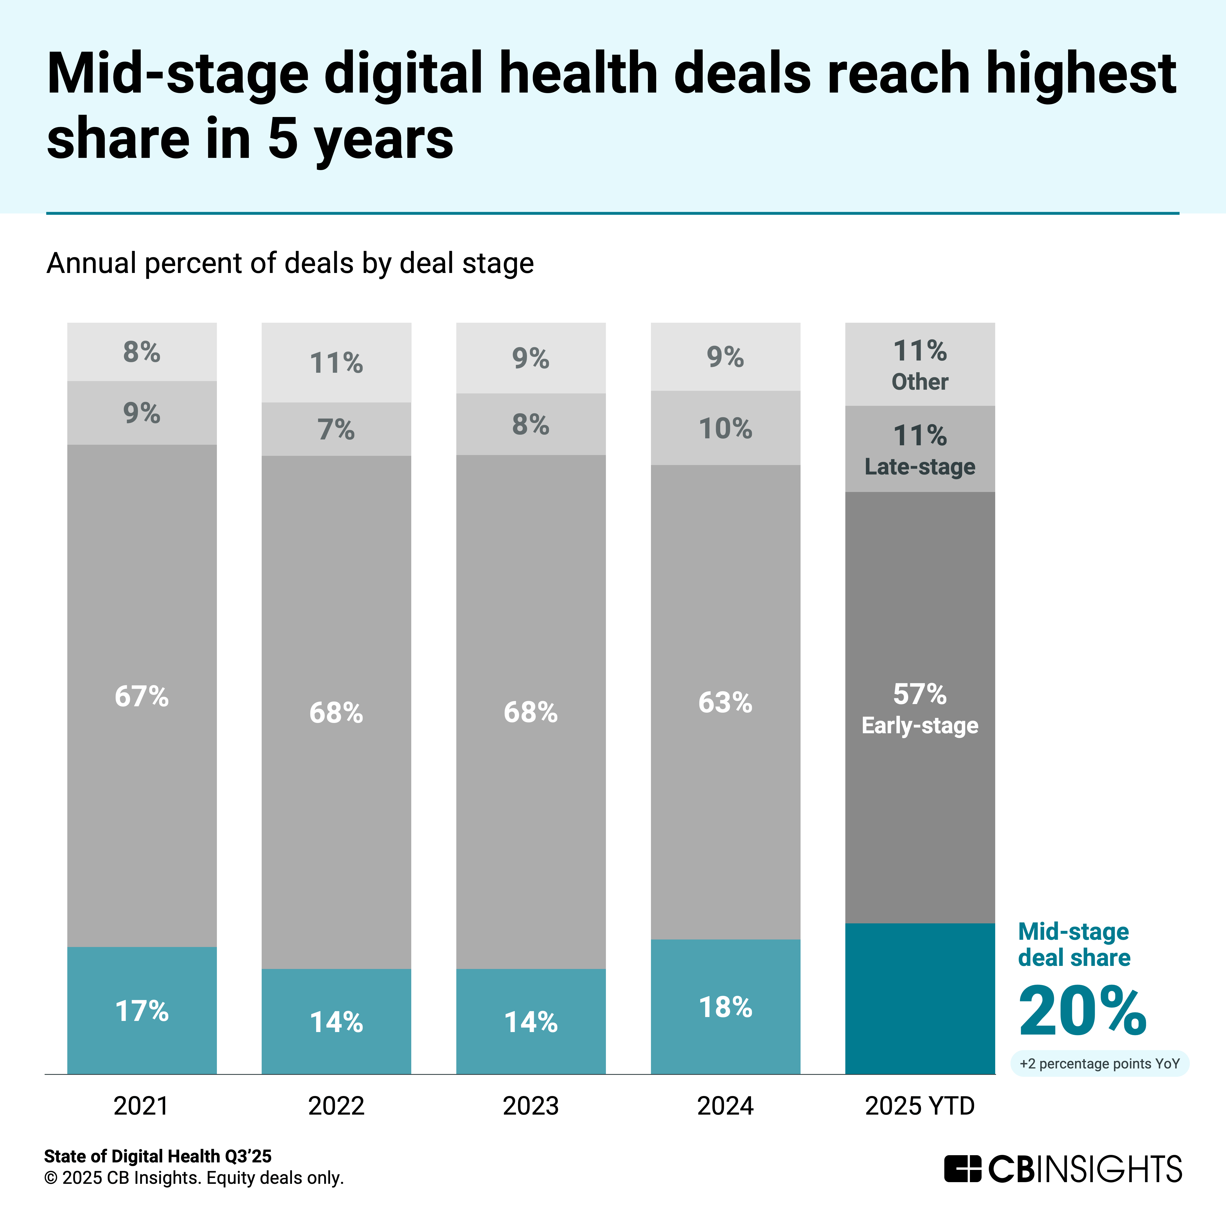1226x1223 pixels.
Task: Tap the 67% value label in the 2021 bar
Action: tap(142, 697)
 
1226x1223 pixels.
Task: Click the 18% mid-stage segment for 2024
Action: tap(725, 1007)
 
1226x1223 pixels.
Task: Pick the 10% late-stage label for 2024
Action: tap(725, 429)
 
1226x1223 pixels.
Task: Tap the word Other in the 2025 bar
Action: tap(920, 382)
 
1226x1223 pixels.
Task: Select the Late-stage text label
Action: tap(920, 467)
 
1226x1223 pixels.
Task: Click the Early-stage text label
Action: tap(920, 725)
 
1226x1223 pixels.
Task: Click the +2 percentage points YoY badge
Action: tap(1099, 1064)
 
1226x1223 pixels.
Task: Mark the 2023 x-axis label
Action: tap(531, 1106)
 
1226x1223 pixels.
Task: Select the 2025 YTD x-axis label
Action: tap(920, 1106)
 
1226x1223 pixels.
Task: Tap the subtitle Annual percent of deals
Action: tap(290, 263)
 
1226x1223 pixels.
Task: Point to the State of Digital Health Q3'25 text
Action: tap(157, 1156)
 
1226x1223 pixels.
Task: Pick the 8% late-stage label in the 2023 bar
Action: tap(531, 424)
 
